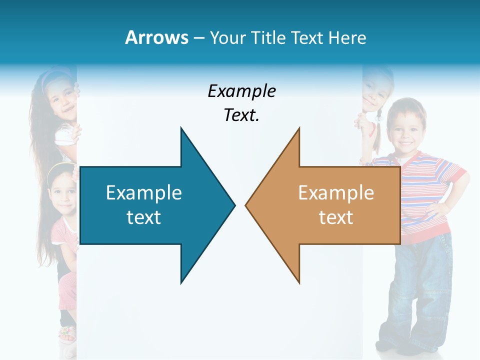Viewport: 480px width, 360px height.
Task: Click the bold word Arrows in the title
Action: click(x=156, y=37)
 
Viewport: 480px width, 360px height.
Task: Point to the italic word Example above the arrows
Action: click(x=241, y=91)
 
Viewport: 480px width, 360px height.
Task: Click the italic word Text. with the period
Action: click(x=241, y=115)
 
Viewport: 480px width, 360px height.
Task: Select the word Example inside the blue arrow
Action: click(x=144, y=193)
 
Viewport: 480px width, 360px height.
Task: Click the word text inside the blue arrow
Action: click(x=144, y=217)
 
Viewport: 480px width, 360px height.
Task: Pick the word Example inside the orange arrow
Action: click(x=336, y=193)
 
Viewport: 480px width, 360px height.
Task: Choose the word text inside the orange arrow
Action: click(x=336, y=217)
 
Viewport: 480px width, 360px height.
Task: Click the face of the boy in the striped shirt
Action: click(x=406, y=127)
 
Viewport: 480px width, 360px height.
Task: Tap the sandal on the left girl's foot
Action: click(x=67, y=333)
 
